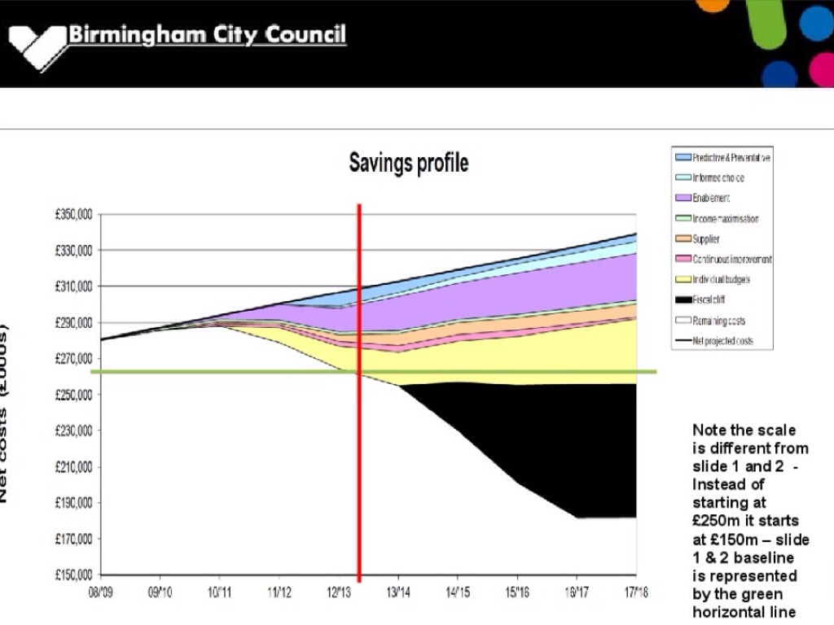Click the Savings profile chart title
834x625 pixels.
pos(409,163)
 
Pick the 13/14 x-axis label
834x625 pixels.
pos(397,591)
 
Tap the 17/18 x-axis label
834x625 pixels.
pos(635,591)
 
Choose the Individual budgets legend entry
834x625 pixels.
pos(721,280)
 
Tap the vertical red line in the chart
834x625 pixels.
pos(359,448)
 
